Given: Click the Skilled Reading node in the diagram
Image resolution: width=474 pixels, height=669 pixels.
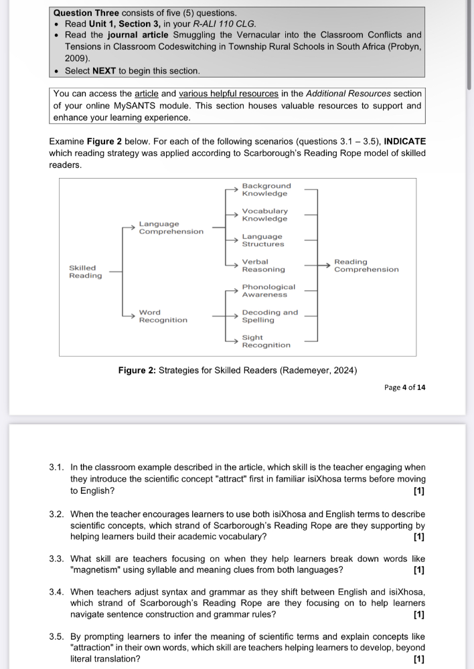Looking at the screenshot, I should (86, 272).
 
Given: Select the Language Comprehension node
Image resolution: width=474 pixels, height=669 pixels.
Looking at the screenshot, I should (171, 227).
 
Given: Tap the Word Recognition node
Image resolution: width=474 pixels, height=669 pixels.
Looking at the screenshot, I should (163, 316).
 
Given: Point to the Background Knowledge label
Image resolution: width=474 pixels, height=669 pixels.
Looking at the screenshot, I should (266, 189).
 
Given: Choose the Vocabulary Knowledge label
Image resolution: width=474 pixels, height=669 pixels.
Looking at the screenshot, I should (264, 215).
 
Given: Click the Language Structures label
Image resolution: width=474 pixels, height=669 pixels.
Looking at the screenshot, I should (262, 240).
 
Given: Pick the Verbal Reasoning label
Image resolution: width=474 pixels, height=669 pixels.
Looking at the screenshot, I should (263, 266).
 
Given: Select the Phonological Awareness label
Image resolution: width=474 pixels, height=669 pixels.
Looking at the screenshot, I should (268, 291).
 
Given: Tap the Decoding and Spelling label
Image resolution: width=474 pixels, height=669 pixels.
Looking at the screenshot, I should (270, 316).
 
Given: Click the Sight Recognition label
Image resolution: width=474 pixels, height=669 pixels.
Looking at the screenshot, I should (266, 341).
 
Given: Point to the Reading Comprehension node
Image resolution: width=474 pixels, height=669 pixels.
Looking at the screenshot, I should (366, 266).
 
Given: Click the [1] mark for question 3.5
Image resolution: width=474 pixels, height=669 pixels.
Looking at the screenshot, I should (419, 659).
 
